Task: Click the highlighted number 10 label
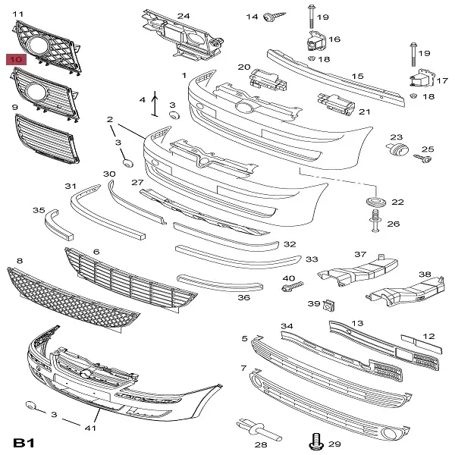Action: (17, 58)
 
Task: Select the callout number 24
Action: (184, 16)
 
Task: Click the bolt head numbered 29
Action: (315, 440)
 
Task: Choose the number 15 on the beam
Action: (357, 76)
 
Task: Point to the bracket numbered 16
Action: (312, 42)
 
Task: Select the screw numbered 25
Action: (422, 158)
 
